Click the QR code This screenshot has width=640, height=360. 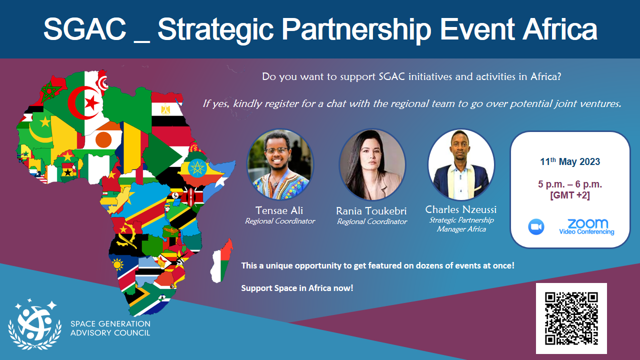(571, 318)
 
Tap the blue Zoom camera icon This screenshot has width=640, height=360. (536, 227)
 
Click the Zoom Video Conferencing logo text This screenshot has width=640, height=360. (586, 227)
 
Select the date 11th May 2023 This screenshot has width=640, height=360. (570, 161)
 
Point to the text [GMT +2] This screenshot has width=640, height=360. (570, 195)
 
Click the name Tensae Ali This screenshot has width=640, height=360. (279, 210)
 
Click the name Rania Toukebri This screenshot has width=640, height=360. (371, 211)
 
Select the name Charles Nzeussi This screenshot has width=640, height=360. (461, 209)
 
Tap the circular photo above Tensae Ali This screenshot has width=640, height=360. (280, 164)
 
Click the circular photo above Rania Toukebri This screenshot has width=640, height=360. (372, 164)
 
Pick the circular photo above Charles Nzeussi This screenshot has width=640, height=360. (461, 164)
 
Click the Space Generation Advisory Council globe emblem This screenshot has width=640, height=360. (35, 324)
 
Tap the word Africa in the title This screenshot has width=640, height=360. (560, 29)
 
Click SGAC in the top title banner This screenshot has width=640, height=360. (84, 29)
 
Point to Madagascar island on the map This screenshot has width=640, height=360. (221, 260)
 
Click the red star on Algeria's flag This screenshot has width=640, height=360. (91, 103)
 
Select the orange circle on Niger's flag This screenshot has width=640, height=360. (103, 139)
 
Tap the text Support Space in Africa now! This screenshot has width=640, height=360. (297, 288)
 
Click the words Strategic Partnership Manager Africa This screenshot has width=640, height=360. (461, 224)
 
